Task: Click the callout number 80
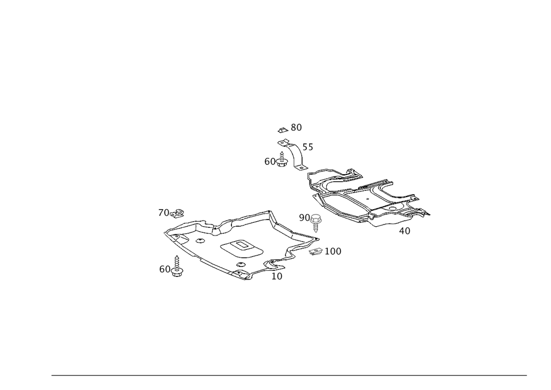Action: [296, 128]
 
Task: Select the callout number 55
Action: [306, 148]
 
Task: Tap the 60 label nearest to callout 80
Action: [270, 162]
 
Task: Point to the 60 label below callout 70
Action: [165, 269]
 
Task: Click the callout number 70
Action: [164, 213]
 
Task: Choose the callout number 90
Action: [304, 217]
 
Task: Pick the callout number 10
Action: [277, 276]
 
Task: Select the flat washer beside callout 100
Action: [315, 252]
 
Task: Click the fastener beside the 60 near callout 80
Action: [283, 160]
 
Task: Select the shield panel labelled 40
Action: [364, 199]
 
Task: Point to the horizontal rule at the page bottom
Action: [289, 376]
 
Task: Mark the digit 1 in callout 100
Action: [327, 252]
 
